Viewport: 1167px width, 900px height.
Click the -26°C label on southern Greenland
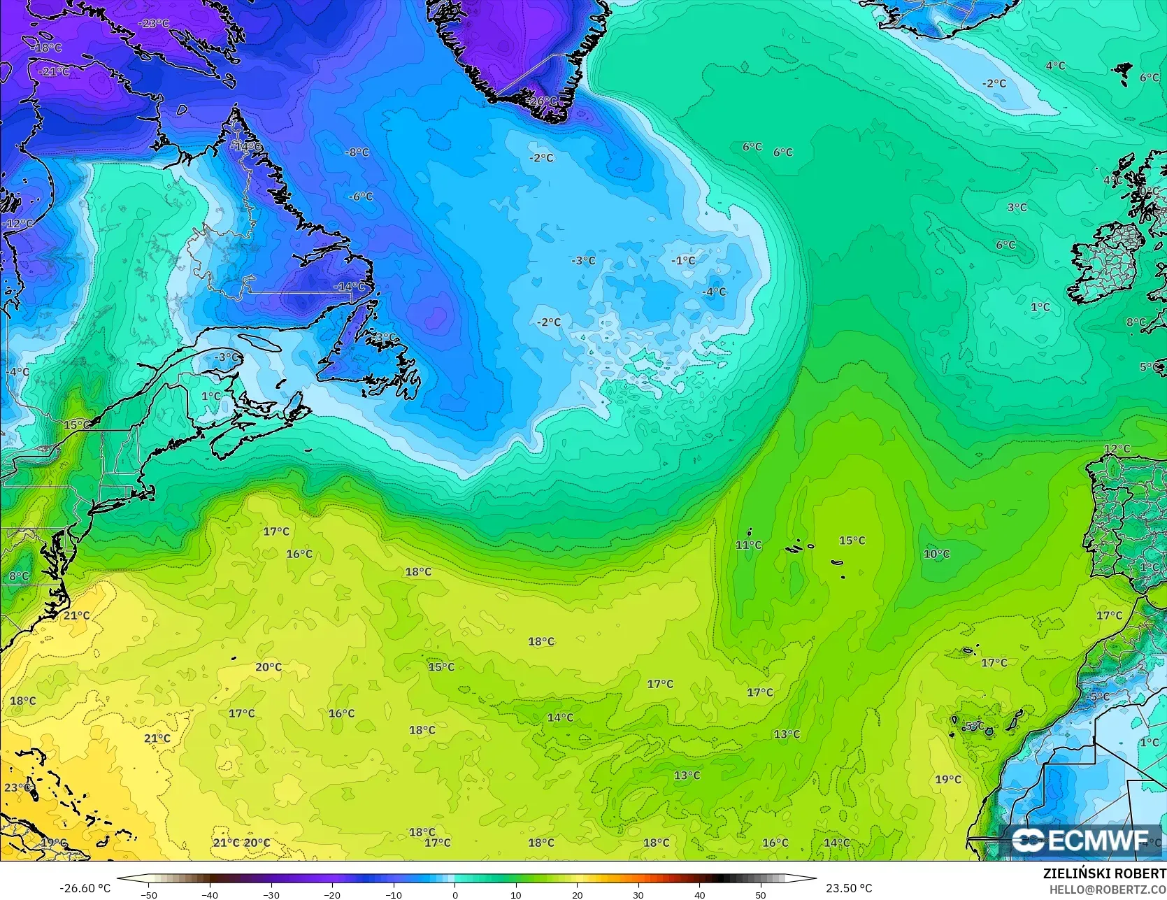(543, 101)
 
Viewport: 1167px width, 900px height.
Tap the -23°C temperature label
(154, 23)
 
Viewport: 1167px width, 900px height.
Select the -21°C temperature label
(54, 71)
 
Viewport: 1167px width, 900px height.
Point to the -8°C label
(357, 152)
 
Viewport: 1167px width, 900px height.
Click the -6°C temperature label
(361, 197)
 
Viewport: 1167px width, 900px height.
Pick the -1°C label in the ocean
(683, 261)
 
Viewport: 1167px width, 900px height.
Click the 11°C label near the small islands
(748, 545)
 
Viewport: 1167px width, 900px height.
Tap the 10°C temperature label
(936, 555)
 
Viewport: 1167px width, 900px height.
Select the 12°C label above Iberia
(1117, 449)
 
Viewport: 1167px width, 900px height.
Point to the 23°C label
(17, 787)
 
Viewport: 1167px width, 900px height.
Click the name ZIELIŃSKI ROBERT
(1104, 873)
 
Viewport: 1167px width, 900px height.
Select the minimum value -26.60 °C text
(85, 888)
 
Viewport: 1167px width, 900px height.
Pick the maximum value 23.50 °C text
(849, 888)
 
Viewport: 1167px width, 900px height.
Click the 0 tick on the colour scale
(454, 894)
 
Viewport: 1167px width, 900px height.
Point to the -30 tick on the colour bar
(271, 894)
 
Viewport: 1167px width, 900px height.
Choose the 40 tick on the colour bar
(699, 894)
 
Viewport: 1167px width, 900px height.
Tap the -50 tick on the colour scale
(148, 894)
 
